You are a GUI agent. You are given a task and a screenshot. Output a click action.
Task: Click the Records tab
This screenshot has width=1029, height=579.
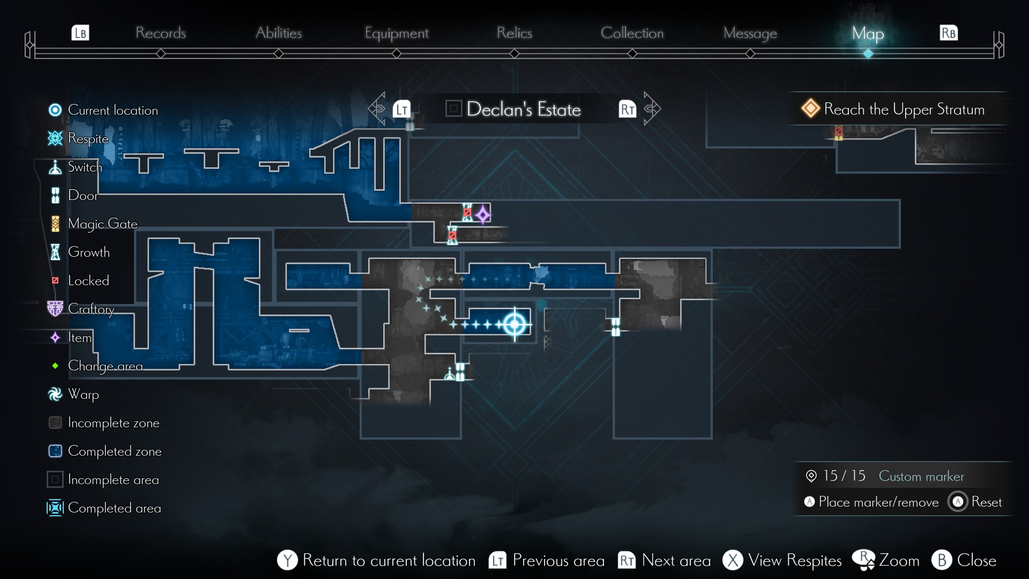[x=160, y=33]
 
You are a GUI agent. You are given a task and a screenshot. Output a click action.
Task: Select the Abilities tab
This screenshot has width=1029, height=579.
[x=279, y=33]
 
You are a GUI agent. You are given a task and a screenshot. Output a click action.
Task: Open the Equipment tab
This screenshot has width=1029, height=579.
[x=397, y=33]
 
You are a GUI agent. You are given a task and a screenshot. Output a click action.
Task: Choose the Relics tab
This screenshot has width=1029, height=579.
[x=514, y=33]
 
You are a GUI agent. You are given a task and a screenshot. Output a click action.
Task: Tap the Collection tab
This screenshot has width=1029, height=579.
[x=632, y=33]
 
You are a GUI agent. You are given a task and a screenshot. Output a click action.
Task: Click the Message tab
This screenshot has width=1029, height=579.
[x=750, y=33]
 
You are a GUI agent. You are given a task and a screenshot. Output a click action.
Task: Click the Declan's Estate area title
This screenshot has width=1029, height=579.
[x=523, y=109]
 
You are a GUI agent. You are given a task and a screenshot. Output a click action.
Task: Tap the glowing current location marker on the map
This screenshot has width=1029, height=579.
[x=514, y=324]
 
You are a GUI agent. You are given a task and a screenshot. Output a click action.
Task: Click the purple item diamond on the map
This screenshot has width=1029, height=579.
[x=483, y=215]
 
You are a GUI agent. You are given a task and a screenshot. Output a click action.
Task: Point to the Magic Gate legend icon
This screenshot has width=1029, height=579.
[x=55, y=224]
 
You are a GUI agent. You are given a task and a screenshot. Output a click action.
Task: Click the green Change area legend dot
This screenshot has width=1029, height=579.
[x=55, y=366]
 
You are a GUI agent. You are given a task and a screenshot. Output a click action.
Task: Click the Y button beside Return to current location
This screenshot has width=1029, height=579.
[x=287, y=560]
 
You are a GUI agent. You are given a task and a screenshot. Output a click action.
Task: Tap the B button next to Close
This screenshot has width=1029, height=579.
[x=942, y=560]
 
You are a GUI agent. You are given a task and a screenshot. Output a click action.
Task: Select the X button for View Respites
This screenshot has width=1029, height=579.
[x=733, y=560]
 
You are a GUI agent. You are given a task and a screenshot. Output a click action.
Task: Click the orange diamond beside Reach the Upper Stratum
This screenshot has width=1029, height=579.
[x=810, y=108]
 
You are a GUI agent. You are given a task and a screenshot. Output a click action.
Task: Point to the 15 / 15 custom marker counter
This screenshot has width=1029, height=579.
[x=844, y=476]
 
